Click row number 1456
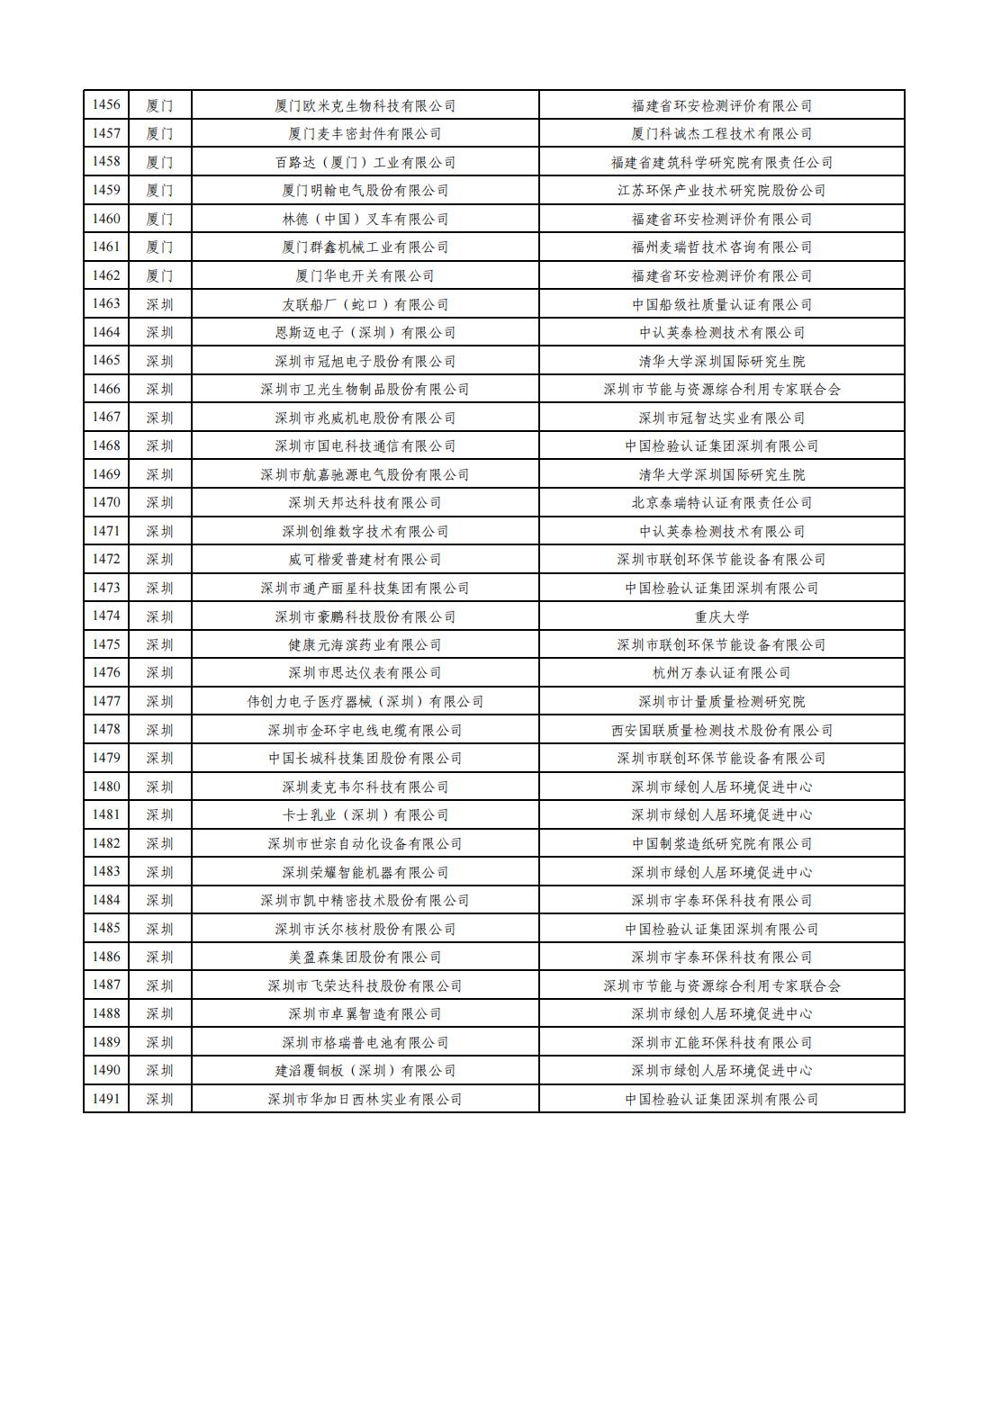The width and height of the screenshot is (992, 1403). [x=106, y=105]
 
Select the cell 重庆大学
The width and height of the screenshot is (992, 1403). [x=721, y=616]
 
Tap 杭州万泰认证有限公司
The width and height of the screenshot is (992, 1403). [x=721, y=673]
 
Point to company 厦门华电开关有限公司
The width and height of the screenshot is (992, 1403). [x=365, y=276]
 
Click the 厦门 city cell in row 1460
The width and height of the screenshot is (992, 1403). [x=159, y=220]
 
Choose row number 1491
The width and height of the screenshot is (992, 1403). [x=106, y=1099]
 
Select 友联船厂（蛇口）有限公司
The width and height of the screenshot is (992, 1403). [x=365, y=304]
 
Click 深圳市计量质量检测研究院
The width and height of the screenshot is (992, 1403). [x=721, y=702]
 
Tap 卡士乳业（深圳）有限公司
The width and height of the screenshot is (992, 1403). [x=365, y=815]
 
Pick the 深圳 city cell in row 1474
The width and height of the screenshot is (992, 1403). [x=159, y=616]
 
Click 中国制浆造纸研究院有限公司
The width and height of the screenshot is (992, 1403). [x=721, y=844]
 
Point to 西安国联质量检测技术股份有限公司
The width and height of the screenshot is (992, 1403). [x=721, y=730]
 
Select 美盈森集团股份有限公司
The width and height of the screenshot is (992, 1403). [x=365, y=958]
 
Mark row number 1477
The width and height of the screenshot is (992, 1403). [x=106, y=702]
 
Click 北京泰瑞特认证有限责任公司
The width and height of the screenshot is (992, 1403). [x=721, y=503]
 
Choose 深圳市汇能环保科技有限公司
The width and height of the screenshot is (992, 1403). [x=721, y=1042]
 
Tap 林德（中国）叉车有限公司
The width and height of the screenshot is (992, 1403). [x=365, y=220]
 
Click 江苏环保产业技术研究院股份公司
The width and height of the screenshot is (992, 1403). [x=721, y=191]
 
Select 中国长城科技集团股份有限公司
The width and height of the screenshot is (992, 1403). [x=365, y=759]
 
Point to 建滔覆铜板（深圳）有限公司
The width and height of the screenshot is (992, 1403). [x=365, y=1071]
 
